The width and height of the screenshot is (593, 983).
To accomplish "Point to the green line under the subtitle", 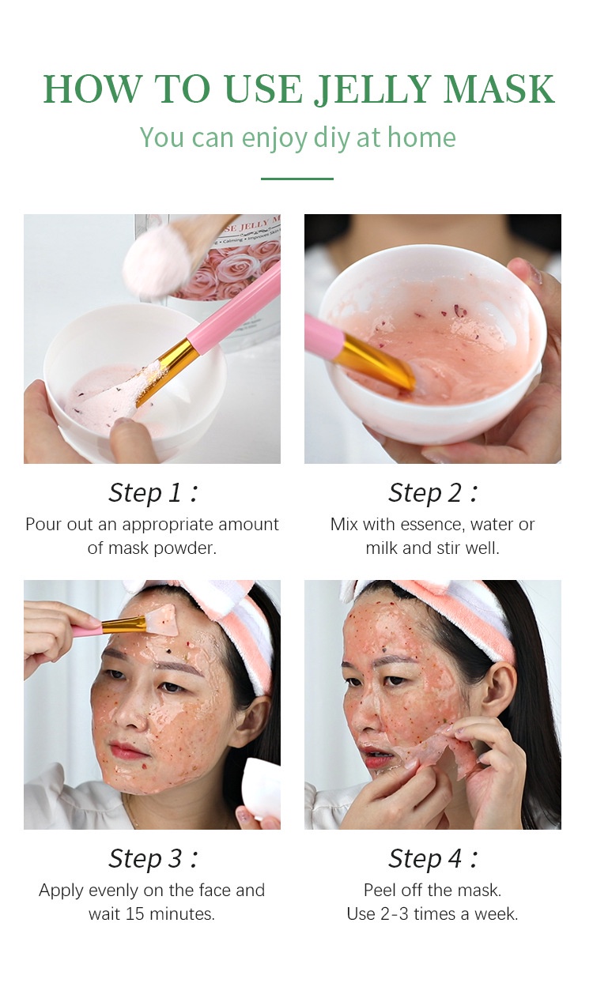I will coord(296,179).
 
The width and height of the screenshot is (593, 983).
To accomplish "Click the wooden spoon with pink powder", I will coord(162,257).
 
